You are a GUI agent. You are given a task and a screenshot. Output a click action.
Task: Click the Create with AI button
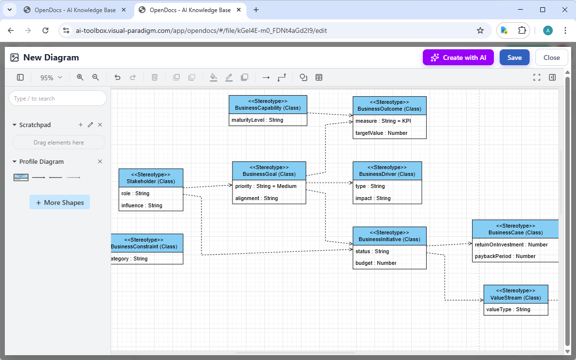458,58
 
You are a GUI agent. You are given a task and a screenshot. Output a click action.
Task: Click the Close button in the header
551,58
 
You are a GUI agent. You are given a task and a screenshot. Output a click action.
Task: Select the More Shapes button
59,202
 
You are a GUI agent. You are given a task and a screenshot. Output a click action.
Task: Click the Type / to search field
58,99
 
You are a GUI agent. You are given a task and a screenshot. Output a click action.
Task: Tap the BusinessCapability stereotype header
268,104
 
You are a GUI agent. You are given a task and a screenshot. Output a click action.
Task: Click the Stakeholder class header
151,178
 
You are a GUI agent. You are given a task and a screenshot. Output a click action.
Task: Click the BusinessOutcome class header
389,105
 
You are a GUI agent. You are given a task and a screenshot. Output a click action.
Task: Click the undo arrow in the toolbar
117,77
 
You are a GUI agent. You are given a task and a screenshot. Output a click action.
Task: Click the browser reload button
45,30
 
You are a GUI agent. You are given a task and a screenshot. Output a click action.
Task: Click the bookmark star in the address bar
480,30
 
